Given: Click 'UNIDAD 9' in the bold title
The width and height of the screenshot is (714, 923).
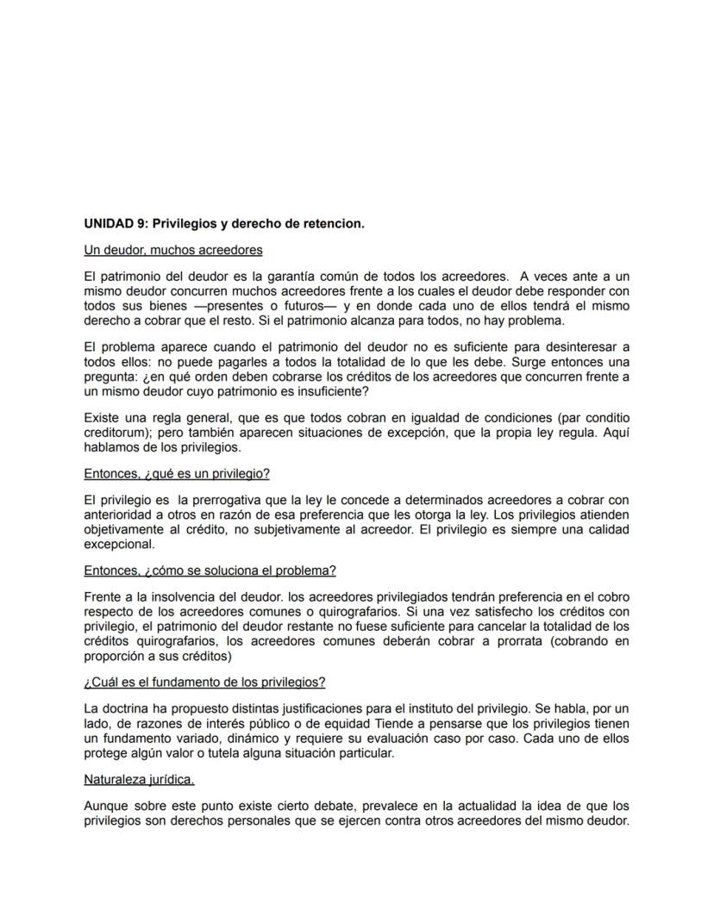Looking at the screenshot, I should pos(113,223).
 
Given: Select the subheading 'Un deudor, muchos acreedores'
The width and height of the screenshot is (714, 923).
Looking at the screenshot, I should pos(172,250).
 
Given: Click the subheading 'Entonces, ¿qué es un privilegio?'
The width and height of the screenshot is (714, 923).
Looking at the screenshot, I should pos(177,474).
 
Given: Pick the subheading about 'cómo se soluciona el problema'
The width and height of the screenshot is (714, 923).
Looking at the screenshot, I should pos(210,571).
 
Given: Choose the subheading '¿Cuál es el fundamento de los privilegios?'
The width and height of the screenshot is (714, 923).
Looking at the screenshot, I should pos(204,682).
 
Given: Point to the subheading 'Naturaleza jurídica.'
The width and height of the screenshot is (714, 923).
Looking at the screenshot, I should pos(139,779).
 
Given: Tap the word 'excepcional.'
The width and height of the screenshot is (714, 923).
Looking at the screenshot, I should pos(120,544).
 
